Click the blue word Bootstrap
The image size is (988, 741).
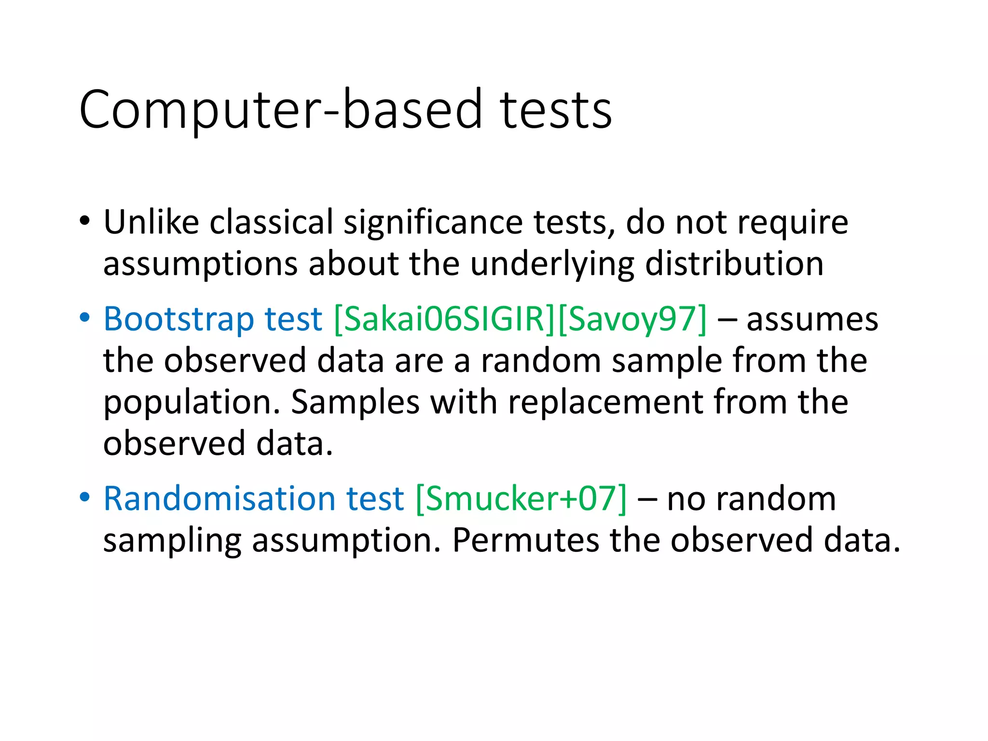pyautogui.click(x=179, y=319)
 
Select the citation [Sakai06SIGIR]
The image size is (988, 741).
pyautogui.click(x=444, y=319)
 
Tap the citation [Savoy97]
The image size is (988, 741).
pyautogui.click(x=632, y=319)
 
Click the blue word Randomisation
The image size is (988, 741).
pyautogui.click(x=220, y=498)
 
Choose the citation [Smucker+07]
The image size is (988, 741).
pyautogui.click(x=521, y=498)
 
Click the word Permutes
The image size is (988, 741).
pyautogui.click(x=525, y=540)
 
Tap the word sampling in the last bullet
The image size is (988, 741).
pyautogui.click(x=172, y=541)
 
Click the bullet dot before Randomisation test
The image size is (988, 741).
pyautogui.click(x=85, y=497)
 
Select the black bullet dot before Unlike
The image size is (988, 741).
pyautogui.click(x=85, y=221)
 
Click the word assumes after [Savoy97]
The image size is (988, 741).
pyautogui.click(x=812, y=319)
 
